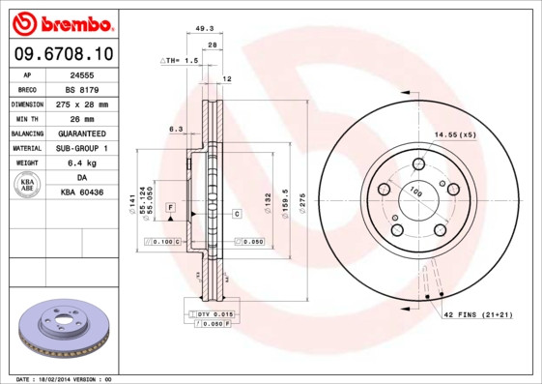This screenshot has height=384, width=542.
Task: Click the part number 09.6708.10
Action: tap(60, 53)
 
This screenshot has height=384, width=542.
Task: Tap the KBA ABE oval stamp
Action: tap(28, 185)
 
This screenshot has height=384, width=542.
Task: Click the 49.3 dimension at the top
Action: tap(204, 29)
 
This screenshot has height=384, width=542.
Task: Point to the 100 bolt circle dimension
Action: tap(415, 193)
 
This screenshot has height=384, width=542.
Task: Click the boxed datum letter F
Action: tap(169, 208)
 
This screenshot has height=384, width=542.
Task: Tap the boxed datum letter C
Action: tap(236, 213)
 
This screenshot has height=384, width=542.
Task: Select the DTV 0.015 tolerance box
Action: tap(214, 314)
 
